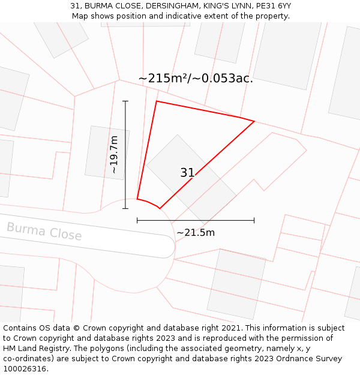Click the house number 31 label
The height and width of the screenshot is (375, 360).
187,173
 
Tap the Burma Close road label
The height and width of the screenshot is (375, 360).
44,231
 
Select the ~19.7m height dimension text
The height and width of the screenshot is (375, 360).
114,155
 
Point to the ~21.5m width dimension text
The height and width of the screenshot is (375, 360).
196,233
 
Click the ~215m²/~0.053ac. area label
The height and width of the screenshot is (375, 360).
196,79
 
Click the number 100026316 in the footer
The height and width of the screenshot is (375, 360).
25,369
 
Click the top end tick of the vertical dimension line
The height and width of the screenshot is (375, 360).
125,101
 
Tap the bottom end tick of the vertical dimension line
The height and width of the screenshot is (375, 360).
125,209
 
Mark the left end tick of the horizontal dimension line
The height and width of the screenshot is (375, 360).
137,220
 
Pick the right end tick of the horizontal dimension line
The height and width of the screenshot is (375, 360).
254,220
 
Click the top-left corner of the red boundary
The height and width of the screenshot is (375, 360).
157,101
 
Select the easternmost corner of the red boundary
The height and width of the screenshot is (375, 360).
254,122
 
